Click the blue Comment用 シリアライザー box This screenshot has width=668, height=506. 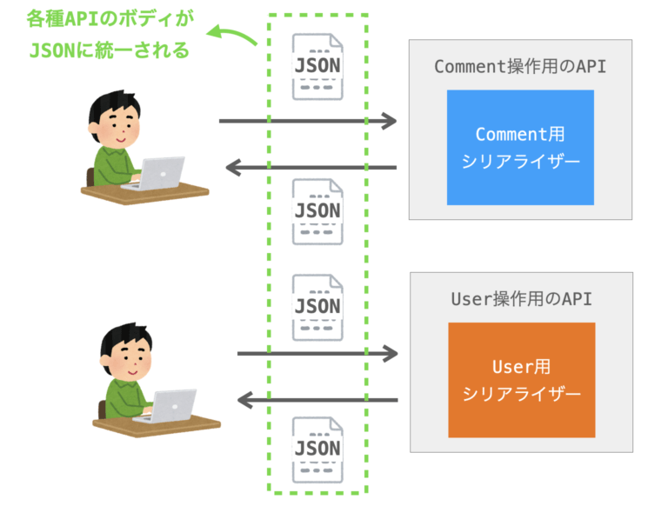[x=520, y=147]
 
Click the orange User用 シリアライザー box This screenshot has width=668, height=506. [x=521, y=379]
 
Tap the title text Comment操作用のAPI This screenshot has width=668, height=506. [x=520, y=67]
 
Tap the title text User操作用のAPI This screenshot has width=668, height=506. [x=521, y=299]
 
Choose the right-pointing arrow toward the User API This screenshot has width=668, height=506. [x=317, y=353]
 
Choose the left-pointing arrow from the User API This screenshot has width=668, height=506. [x=317, y=400]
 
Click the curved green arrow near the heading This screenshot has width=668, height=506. [x=233, y=35]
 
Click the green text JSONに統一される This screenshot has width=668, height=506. [x=109, y=50]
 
